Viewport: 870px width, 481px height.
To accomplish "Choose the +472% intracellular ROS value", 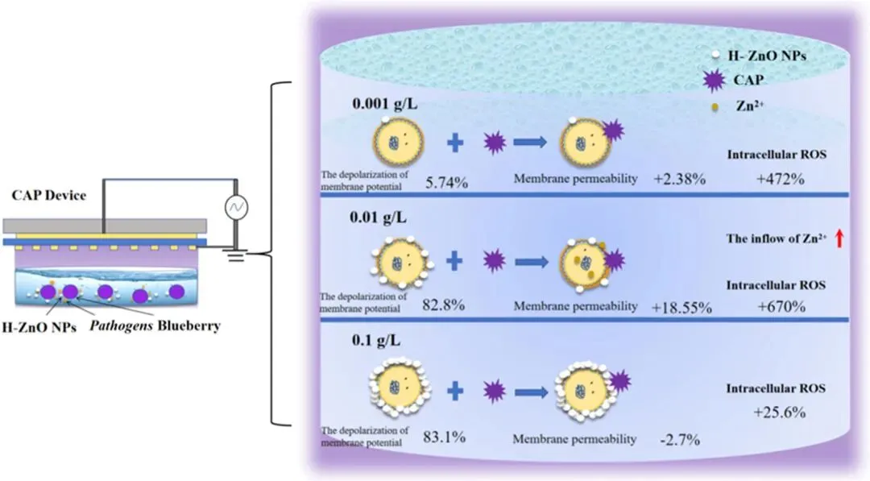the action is pyautogui.click(x=779, y=179).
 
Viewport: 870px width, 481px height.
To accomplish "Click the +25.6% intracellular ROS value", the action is pyautogui.click(x=781, y=412).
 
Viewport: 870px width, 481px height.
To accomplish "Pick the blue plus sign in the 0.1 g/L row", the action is pyautogui.click(x=456, y=391).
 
